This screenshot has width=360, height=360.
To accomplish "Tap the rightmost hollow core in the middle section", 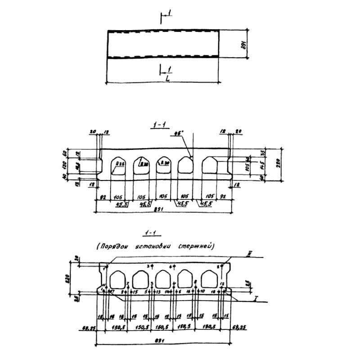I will [x=210, y=166].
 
